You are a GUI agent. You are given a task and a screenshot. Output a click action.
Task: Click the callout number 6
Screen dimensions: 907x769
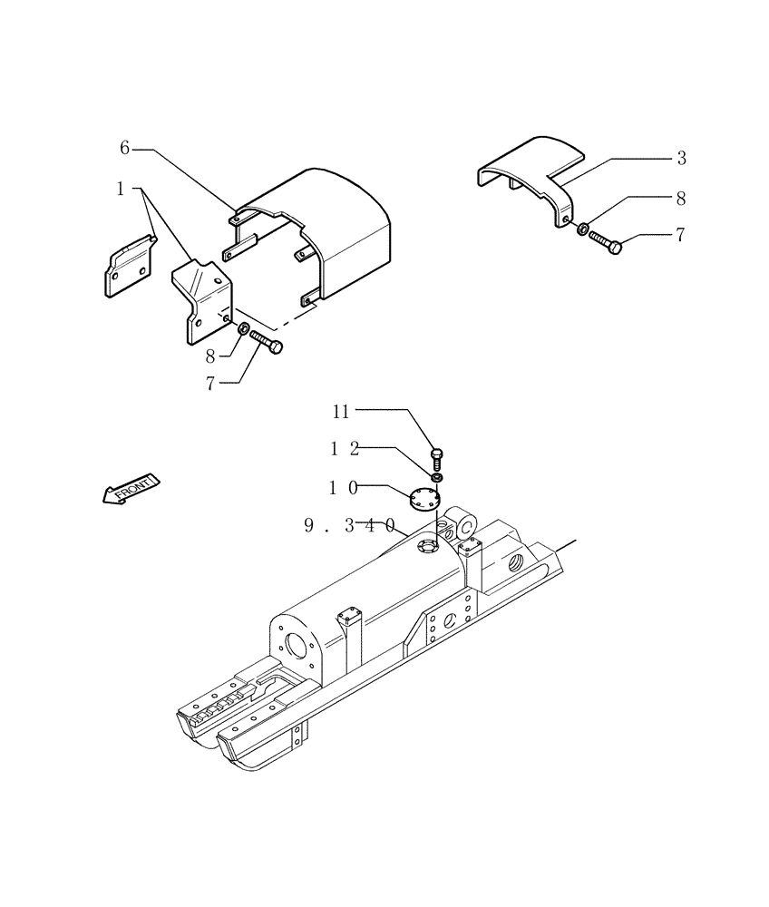(x=125, y=148)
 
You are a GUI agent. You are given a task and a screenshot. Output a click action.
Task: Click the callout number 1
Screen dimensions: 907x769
(x=120, y=189)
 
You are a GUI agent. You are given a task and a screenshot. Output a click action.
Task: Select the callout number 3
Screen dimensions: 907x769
(x=681, y=159)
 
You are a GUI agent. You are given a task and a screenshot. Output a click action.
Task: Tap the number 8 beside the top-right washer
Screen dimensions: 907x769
(x=681, y=198)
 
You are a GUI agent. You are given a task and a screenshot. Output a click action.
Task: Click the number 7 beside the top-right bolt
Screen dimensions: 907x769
(x=679, y=236)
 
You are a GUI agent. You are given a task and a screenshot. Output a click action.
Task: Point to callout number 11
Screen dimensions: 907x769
(x=340, y=412)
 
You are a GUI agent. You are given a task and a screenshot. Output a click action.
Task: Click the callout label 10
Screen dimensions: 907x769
(x=343, y=488)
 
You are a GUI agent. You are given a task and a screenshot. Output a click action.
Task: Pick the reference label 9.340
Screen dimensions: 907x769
(x=349, y=525)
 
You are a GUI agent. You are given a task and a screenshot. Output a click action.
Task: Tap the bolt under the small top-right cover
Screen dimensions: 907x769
(x=607, y=242)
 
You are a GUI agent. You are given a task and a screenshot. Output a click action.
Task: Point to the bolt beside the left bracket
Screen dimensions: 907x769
(x=265, y=341)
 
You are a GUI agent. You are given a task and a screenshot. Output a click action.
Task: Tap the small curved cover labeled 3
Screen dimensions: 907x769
(x=535, y=172)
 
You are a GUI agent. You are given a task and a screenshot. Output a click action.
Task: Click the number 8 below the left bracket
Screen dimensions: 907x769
(x=210, y=356)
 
